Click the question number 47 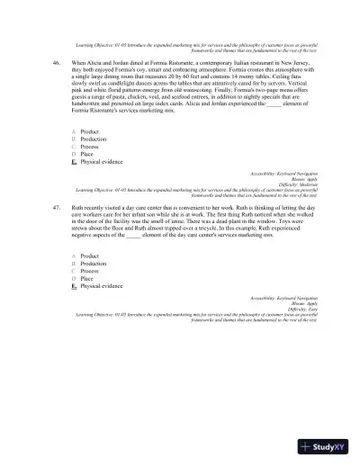coord(56,206)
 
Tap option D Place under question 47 coord(87,278)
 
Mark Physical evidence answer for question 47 coord(101,285)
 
